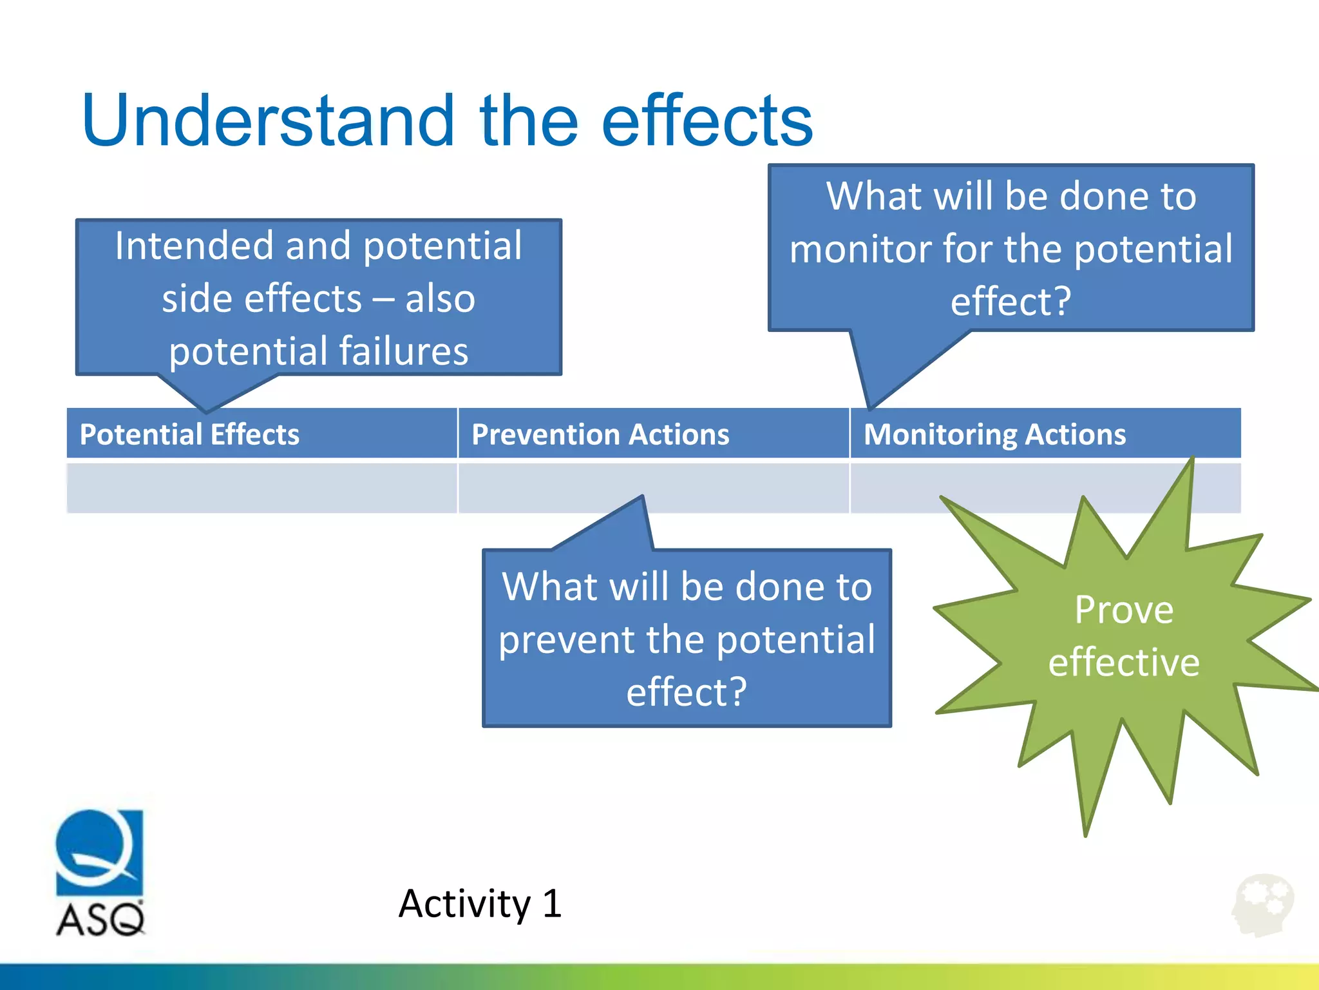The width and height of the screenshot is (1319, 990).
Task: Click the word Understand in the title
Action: click(267, 121)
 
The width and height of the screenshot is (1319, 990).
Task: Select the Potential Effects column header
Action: click(189, 434)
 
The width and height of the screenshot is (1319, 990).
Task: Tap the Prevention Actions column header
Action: click(600, 434)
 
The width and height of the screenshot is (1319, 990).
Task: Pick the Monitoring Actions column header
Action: click(994, 434)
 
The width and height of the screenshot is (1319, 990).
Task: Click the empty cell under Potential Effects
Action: click(261, 488)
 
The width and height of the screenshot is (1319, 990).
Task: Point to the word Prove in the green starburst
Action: click(1124, 610)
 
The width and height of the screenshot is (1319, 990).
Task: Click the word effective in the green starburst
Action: click(1124, 663)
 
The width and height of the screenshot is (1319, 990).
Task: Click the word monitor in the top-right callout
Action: click(859, 249)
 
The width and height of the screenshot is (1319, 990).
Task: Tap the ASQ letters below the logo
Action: click(100, 919)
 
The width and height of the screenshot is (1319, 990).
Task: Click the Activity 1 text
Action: click(480, 904)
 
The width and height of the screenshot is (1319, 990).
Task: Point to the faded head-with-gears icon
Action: click(1263, 905)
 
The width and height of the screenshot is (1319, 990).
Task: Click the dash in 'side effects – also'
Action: click(384, 299)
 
